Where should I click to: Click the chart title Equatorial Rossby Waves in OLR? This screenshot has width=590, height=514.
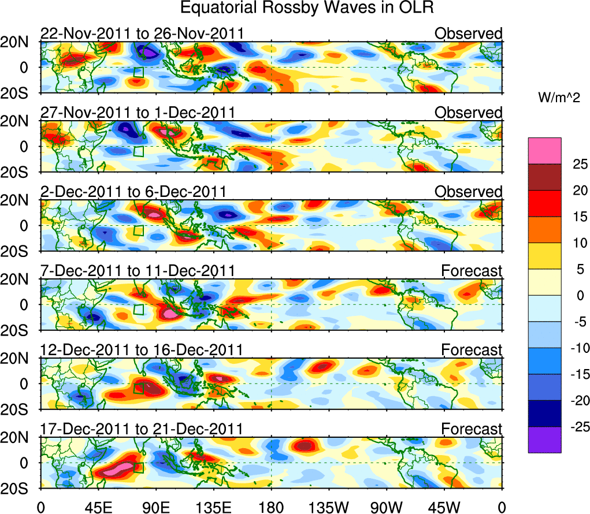pyautogui.click(x=307, y=8)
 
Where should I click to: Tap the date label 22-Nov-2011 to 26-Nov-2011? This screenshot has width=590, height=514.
pyautogui.click(x=142, y=33)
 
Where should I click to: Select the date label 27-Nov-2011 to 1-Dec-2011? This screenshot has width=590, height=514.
pyautogui.click(x=138, y=113)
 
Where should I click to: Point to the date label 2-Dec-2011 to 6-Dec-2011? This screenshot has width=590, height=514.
pyautogui.click(x=133, y=192)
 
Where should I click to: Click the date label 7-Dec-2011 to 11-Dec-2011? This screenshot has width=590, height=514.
pyautogui.click(x=138, y=271)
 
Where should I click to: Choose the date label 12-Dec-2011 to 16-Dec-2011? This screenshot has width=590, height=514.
pyautogui.click(x=142, y=350)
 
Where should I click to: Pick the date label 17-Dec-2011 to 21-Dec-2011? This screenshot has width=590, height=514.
pyautogui.click(x=142, y=429)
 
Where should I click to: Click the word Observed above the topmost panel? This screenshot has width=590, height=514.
pyautogui.click(x=469, y=33)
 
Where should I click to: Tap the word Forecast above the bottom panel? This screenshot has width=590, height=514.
pyautogui.click(x=472, y=429)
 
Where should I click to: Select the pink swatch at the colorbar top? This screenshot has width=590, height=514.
pyautogui.click(x=544, y=151)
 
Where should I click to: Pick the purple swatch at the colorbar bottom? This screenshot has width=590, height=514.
pyautogui.click(x=544, y=440)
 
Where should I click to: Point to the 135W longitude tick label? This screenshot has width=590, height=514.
pyautogui.click(x=329, y=507)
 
